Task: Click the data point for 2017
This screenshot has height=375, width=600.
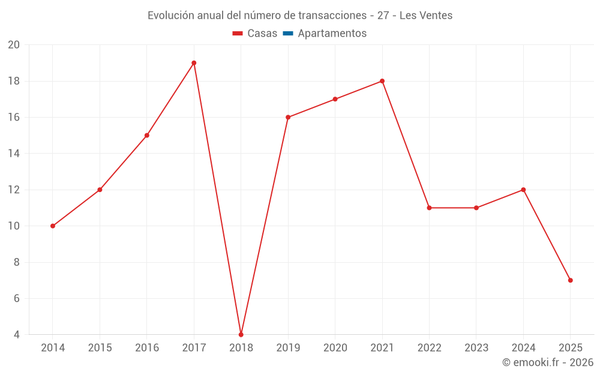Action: tap(194, 63)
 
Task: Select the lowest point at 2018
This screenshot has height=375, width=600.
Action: tap(241, 334)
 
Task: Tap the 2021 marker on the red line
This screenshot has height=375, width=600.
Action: tap(382, 81)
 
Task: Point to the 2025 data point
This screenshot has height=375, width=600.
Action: tap(570, 280)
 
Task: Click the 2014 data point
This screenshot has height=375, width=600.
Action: tap(53, 226)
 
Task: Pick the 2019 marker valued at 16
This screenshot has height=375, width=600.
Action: tap(288, 117)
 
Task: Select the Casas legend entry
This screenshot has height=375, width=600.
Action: tap(255, 34)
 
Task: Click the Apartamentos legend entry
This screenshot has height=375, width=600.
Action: tap(331, 34)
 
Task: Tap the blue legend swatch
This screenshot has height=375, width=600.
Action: tap(288, 34)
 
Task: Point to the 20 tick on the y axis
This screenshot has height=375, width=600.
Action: tap(14, 45)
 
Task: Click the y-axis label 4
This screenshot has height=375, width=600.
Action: tap(17, 334)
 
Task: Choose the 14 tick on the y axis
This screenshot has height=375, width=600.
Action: tap(14, 154)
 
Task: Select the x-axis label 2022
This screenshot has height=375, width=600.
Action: tap(429, 347)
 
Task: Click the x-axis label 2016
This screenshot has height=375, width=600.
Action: tap(147, 347)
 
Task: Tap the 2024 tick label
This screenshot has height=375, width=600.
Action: tap(523, 347)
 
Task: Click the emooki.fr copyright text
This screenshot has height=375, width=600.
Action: tap(548, 362)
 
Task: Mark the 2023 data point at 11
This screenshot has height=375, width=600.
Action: tap(476, 208)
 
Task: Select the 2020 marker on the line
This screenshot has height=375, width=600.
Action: tap(335, 99)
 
